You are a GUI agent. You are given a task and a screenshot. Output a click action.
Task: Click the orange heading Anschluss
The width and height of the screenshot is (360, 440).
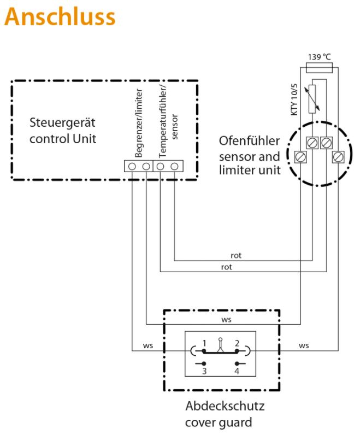[x=60, y=16]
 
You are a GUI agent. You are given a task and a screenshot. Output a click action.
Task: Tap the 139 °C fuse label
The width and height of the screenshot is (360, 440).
[x=320, y=57]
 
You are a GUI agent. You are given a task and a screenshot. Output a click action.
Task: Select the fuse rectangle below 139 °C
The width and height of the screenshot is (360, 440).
[x=320, y=68]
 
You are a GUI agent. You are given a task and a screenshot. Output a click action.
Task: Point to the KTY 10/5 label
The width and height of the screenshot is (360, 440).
[x=294, y=99]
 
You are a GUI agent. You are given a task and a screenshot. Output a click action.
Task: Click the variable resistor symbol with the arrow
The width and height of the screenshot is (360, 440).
[x=312, y=99]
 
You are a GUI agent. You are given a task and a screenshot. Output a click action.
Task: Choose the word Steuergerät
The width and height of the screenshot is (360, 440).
[x=62, y=122]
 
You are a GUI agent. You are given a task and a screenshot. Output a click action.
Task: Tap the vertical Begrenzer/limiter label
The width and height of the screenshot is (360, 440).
[x=139, y=123]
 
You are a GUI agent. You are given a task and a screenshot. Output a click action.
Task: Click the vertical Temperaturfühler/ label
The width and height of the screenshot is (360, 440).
[x=163, y=121]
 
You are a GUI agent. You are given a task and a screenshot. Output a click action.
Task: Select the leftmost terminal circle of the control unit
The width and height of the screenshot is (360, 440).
[x=132, y=166]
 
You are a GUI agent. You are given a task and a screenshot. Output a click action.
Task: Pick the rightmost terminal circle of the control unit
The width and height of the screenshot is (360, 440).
[x=174, y=166]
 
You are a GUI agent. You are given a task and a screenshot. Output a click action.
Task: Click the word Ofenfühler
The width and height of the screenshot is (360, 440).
[x=249, y=141]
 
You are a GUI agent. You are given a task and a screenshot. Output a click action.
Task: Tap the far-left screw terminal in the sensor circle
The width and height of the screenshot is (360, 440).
[x=300, y=156]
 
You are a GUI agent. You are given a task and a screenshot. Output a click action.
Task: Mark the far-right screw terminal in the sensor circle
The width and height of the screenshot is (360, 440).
[x=338, y=156]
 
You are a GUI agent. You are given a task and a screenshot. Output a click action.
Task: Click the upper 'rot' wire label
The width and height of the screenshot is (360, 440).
[x=236, y=256]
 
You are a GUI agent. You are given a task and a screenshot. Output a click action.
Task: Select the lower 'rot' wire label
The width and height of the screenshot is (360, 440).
[x=227, y=267]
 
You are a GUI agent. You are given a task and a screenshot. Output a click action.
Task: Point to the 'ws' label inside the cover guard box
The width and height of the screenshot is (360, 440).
[x=226, y=320]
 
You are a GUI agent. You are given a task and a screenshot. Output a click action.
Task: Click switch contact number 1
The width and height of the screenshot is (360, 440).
[x=204, y=351]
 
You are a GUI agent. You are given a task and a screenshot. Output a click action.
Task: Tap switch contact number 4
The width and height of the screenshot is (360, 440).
[x=237, y=363]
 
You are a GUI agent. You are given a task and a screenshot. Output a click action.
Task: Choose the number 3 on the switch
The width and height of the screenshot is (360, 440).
[x=204, y=371]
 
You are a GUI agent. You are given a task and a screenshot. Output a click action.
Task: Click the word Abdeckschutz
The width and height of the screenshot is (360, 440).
[x=225, y=406]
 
